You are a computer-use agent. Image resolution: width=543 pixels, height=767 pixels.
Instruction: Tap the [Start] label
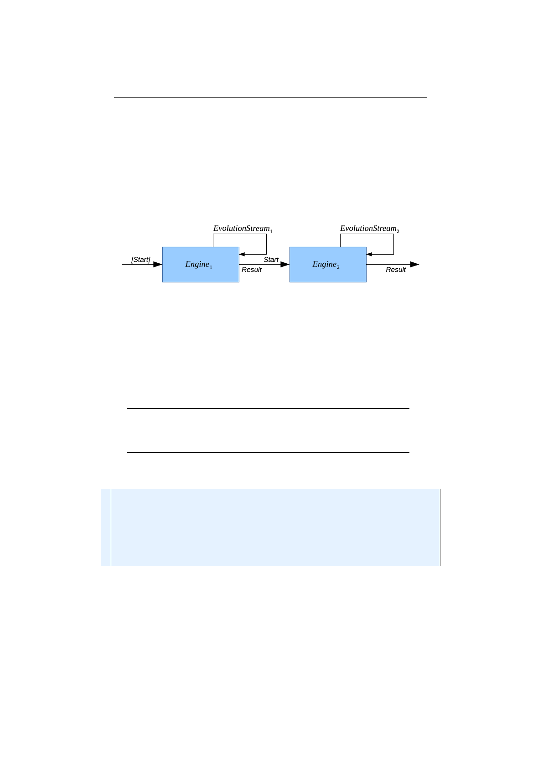pyautogui.click(x=140, y=260)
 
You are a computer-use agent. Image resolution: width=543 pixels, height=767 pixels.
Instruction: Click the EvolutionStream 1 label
pyautogui.click(x=241, y=228)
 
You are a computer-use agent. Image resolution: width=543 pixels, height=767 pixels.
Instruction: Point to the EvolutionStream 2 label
pyautogui.click(x=368, y=228)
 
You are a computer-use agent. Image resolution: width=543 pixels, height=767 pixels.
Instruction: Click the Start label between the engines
pyautogui.click(x=271, y=260)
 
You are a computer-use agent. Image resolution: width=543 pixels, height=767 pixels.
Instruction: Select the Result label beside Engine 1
pyautogui.click(x=251, y=270)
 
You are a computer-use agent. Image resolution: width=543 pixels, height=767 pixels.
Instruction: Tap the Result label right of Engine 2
pyautogui.click(x=395, y=270)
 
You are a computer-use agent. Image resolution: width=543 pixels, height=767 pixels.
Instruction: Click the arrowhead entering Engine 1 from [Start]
pyautogui.click(x=158, y=264)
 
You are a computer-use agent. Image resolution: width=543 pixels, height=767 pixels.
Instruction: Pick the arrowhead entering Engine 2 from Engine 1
pyautogui.click(x=285, y=264)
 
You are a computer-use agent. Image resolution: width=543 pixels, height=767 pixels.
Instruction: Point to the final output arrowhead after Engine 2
pyautogui.click(x=414, y=264)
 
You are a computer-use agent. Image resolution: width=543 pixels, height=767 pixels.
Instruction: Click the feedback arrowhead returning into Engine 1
pyautogui.click(x=242, y=254)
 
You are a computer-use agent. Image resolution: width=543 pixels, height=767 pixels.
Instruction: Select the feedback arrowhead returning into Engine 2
pyautogui.click(x=369, y=254)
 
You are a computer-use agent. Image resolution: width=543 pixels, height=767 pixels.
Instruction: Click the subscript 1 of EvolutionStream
pyautogui.click(x=271, y=231)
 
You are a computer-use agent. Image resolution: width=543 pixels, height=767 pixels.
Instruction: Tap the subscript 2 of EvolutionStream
pyautogui.click(x=398, y=231)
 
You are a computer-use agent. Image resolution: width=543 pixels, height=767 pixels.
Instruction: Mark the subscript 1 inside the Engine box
pyautogui.click(x=211, y=267)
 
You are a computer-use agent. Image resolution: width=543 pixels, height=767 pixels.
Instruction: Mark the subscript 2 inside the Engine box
pyautogui.click(x=338, y=267)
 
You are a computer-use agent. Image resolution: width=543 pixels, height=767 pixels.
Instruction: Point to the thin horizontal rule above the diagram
pyautogui.click(x=270, y=97)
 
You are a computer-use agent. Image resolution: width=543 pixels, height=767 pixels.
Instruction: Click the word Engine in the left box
pyautogui.click(x=197, y=264)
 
